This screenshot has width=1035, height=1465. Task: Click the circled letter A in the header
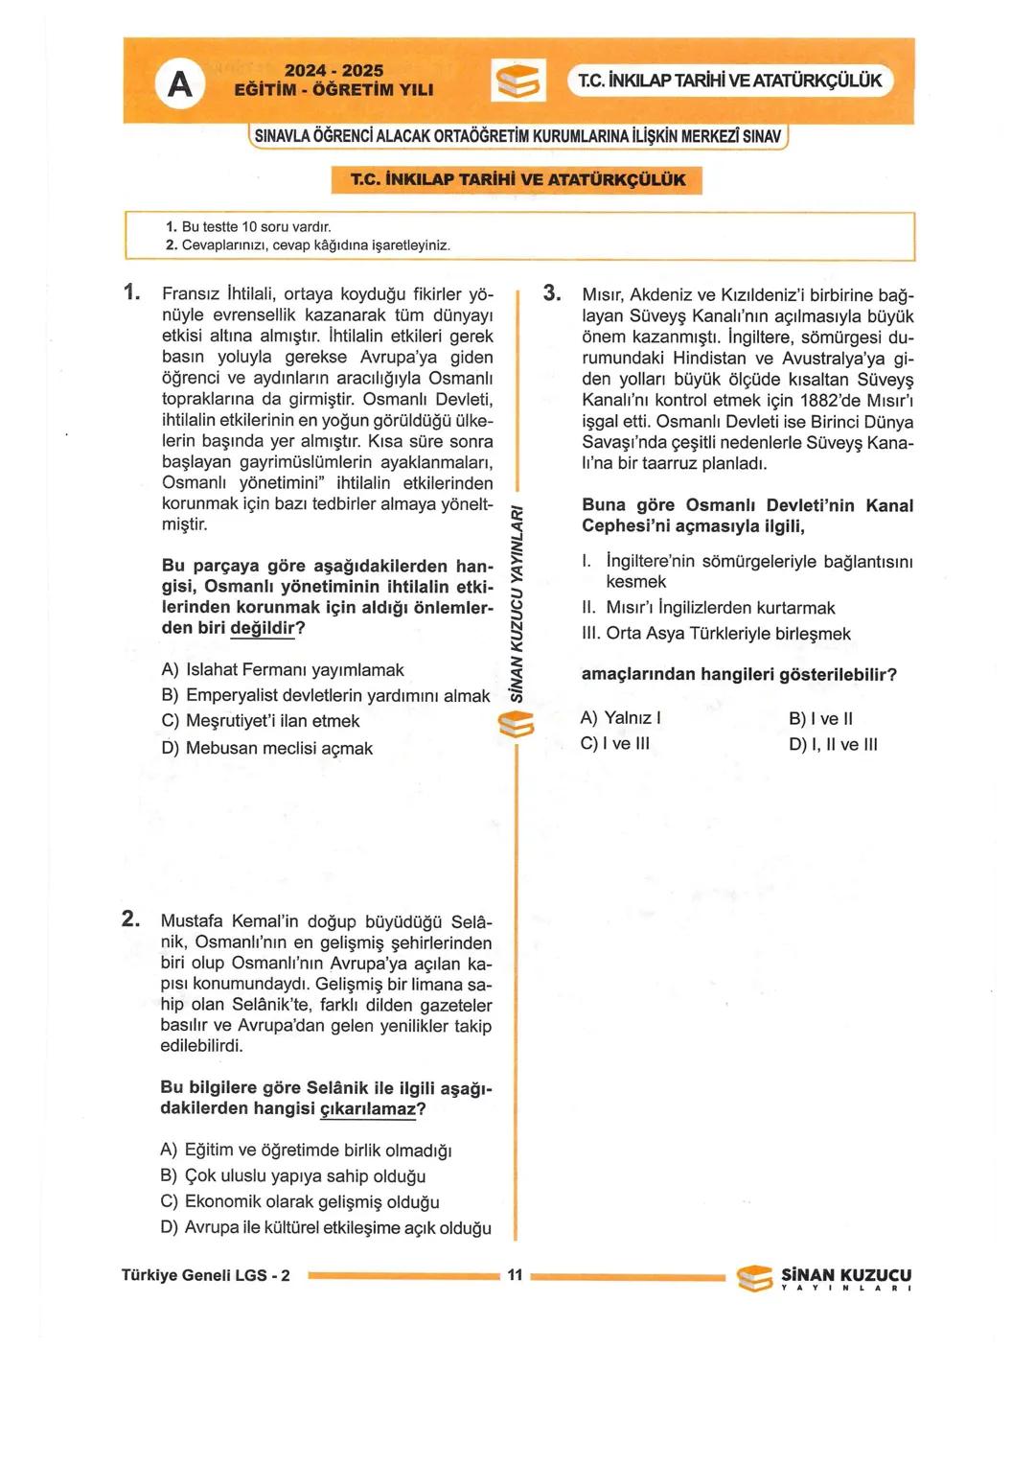pos(179,85)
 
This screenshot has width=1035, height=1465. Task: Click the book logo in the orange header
pos(518,81)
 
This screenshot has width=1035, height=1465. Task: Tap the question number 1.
pos(132,292)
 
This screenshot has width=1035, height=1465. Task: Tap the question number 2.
pos(131,919)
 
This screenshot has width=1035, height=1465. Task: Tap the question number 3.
pos(551,292)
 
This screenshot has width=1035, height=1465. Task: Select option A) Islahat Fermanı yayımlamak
pos(283,670)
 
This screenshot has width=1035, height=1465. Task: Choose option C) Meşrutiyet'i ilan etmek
pos(261,721)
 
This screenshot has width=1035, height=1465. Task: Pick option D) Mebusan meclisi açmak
pos(267,748)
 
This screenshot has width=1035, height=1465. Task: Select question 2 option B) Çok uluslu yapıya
pos(293,1175)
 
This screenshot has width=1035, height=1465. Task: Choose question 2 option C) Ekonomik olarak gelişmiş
pos(300,1201)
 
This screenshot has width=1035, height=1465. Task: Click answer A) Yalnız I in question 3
pos(620,718)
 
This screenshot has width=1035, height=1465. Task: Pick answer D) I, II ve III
pos(833,744)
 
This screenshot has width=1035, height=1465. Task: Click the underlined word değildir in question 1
pos(263,629)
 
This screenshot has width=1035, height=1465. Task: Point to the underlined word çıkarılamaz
pos(367,1109)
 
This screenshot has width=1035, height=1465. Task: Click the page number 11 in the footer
pos(516,1275)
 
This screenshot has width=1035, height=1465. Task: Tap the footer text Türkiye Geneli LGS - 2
pos(205,1275)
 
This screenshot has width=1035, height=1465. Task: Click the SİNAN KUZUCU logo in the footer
pos(824,1278)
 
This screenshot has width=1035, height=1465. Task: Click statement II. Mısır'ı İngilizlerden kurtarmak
pos(709,608)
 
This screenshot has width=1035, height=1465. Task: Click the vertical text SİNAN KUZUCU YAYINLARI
pos(517,604)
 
